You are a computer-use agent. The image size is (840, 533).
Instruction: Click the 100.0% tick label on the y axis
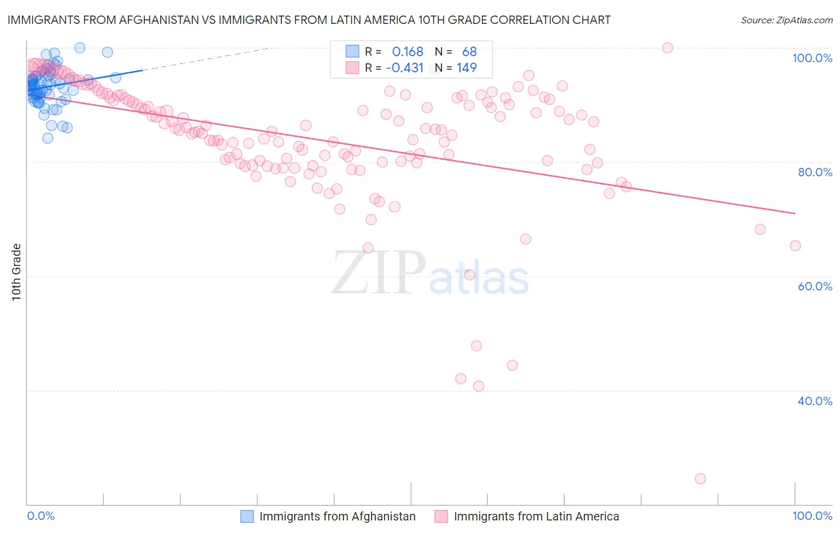pyautogui.click(x=812, y=58)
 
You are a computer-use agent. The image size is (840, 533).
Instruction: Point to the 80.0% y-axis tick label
pyautogui.click(x=815, y=172)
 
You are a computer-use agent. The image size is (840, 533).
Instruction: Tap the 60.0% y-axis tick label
pyautogui.click(x=815, y=286)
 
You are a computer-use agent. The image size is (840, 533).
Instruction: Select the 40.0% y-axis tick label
pyautogui.click(x=815, y=401)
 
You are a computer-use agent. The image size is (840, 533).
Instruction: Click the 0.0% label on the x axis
pyautogui.click(x=41, y=516)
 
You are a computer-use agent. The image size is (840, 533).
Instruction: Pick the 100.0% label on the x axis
pyautogui.click(x=812, y=516)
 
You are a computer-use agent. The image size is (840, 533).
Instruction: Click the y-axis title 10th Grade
pyautogui.click(x=16, y=272)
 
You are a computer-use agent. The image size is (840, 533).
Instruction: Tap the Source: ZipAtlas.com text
pyautogui.click(x=786, y=20)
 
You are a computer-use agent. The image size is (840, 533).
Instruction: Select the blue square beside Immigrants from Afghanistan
pyautogui.click(x=247, y=516)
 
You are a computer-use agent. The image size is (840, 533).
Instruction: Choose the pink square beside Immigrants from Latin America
pyautogui.click(x=442, y=516)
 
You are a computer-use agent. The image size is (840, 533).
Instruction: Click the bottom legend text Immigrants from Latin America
pyautogui.click(x=536, y=516)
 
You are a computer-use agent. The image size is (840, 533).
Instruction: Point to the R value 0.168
pyautogui.click(x=407, y=52)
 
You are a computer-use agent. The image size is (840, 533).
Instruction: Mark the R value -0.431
pyautogui.click(x=404, y=68)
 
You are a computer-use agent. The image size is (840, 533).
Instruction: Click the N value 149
pyautogui.click(x=467, y=68)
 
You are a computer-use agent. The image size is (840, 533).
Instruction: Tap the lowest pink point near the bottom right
pyautogui.click(x=700, y=479)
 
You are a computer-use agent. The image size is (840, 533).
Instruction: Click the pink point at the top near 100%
pyautogui.click(x=667, y=48)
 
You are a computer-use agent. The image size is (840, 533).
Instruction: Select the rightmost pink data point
pyautogui.click(x=795, y=246)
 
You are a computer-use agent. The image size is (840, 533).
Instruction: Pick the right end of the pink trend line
pyautogui.click(x=795, y=213)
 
